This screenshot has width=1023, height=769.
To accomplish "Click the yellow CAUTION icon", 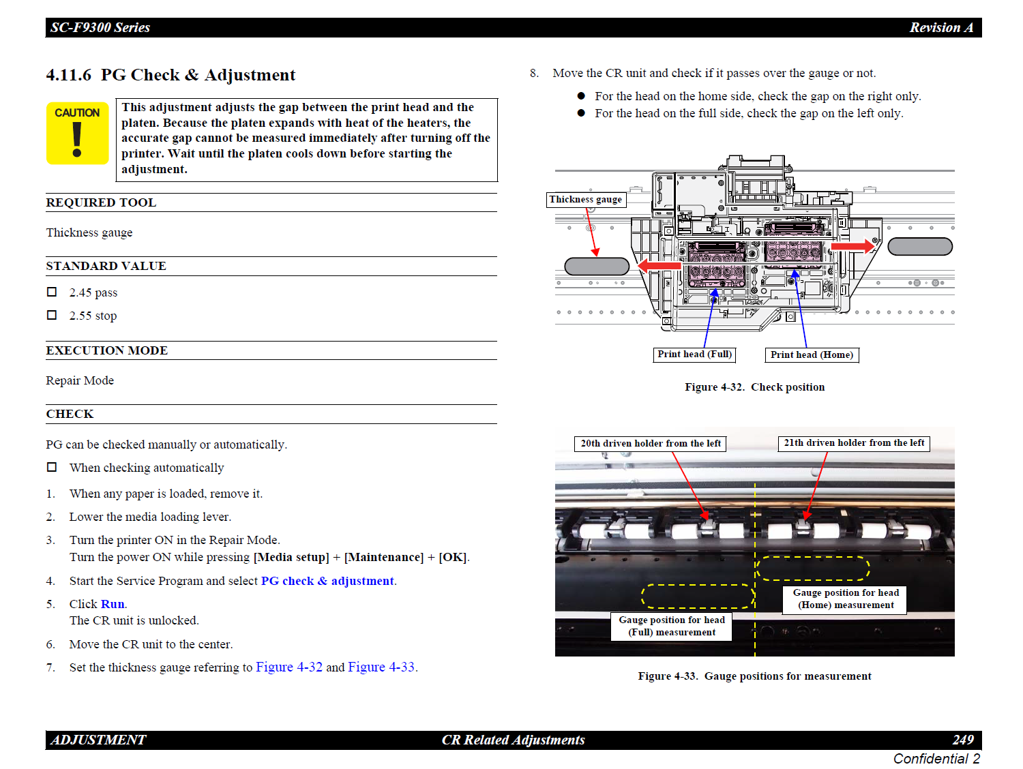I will (77, 133).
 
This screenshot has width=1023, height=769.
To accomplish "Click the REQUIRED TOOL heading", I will (101, 202).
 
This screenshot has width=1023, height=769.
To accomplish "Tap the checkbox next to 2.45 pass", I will (52, 292).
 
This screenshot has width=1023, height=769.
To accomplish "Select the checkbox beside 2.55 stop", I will (52, 315).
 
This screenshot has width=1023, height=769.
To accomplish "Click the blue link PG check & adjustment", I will (327, 581).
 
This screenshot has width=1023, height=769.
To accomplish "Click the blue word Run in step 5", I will (113, 604).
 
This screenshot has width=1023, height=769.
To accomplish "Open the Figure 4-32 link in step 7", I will (289, 667).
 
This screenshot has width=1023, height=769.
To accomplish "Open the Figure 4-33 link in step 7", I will (381, 667).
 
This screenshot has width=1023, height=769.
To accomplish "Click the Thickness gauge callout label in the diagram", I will (586, 200).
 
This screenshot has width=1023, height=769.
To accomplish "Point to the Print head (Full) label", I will (694, 355).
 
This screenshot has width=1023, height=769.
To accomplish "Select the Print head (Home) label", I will (812, 355).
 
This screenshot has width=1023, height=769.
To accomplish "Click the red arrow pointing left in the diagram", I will (659, 266).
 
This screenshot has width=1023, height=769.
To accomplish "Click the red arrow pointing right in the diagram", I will (853, 245).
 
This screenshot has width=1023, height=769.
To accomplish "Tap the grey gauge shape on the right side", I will (920, 246).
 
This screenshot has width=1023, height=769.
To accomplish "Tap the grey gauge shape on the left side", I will (597, 266).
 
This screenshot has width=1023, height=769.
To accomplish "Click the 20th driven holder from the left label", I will (650, 444).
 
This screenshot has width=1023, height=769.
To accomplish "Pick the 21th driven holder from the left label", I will (854, 443).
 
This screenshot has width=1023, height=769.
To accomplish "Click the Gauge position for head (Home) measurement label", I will (846, 599).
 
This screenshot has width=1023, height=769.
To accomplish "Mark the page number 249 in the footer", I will (963, 740).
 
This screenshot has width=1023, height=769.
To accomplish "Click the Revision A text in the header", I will (941, 28).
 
